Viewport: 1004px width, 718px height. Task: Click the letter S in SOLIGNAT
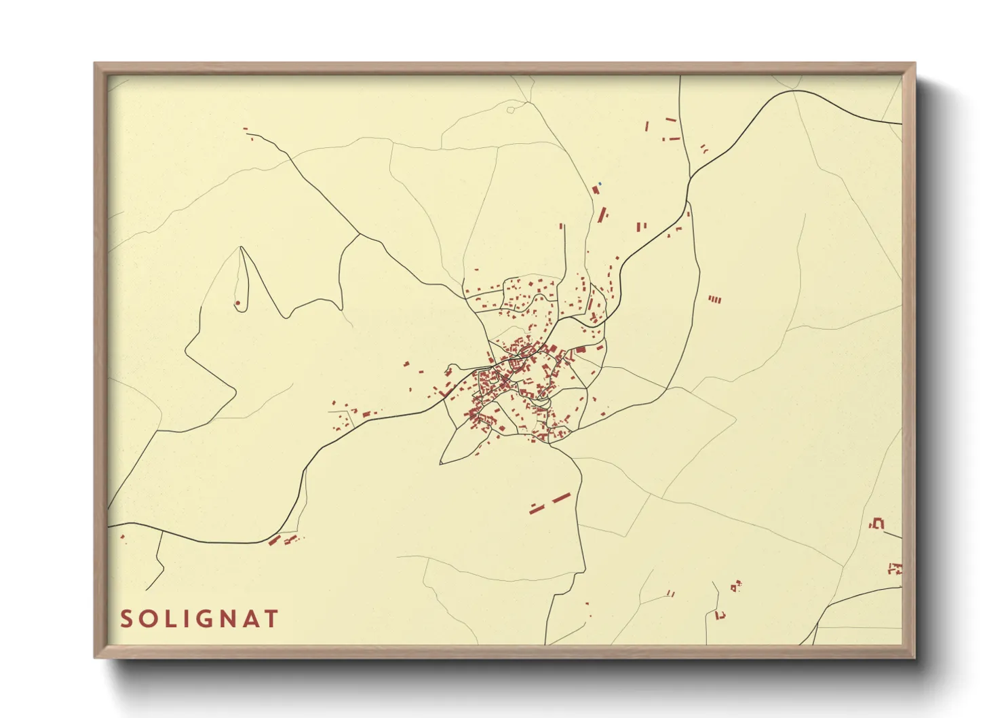click(x=127, y=619)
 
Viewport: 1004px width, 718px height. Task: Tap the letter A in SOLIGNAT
click(x=251, y=619)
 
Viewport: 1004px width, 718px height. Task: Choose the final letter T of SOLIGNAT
click(x=271, y=619)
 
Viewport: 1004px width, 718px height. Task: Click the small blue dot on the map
click(x=600, y=183)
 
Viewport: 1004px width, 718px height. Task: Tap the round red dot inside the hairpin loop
click(x=237, y=303)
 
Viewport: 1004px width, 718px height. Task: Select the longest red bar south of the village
click(x=560, y=499)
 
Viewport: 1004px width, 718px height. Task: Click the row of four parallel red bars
click(x=714, y=299)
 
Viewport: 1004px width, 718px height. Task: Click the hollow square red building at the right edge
click(x=879, y=523)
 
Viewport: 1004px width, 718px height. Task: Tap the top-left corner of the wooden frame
click(x=95, y=64)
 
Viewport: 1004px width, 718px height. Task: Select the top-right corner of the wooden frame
click(x=914, y=64)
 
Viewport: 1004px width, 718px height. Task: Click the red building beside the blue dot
click(x=596, y=190)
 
